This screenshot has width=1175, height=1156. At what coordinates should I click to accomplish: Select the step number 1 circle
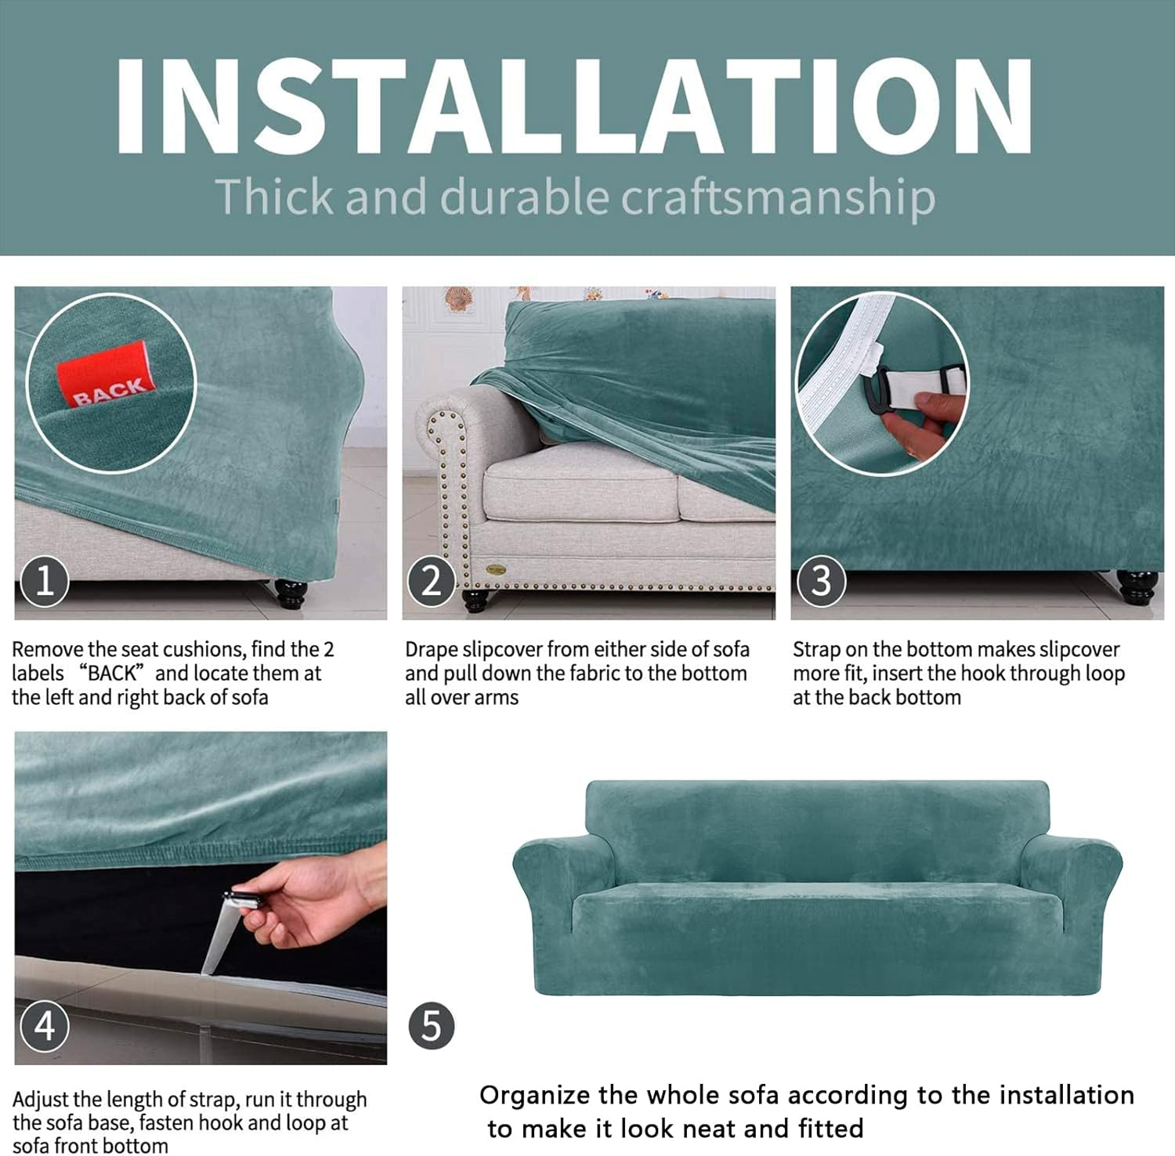45,581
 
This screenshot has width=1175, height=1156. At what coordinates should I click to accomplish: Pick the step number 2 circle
432,581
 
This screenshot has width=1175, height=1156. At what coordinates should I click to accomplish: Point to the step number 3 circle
821,581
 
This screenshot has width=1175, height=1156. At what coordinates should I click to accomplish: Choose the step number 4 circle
45,1026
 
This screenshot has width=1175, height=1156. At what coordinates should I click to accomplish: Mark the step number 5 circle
432,1026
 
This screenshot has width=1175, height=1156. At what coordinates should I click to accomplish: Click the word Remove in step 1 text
48,649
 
